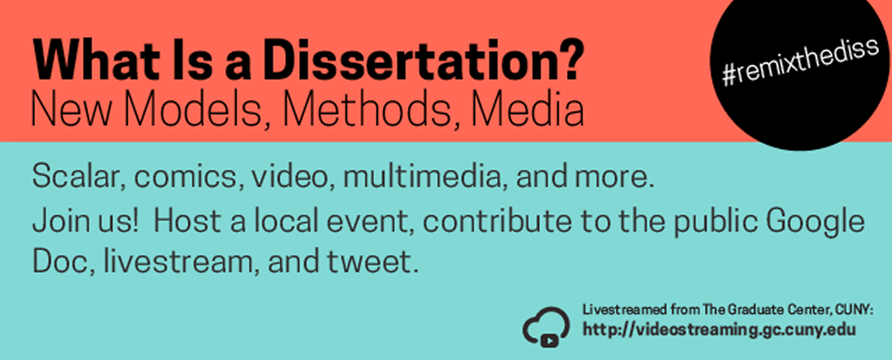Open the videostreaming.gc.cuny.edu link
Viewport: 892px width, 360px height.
click(x=719, y=329)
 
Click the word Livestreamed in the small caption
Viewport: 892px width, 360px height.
click(x=617, y=310)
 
